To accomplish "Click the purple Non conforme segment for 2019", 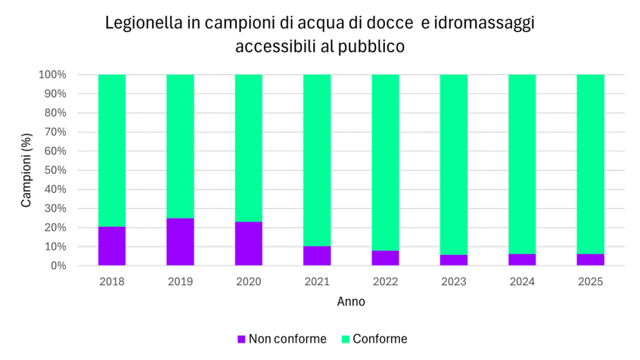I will pyautogui.click(x=180, y=242).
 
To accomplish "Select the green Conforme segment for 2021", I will pyautogui.click(x=317, y=160).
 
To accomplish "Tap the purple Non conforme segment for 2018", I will pyautogui.click(x=112, y=246).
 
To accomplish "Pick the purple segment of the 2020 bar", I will pyautogui.click(x=249, y=243).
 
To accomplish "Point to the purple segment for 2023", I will pyautogui.click(x=454, y=260).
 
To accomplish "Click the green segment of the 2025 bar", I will pyautogui.click(x=590, y=164).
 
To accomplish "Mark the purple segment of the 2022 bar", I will pyautogui.click(x=385, y=258).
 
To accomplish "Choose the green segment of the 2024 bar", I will pyautogui.click(x=522, y=164).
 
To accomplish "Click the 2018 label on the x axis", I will pyautogui.click(x=112, y=281).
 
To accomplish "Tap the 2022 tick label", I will pyautogui.click(x=385, y=281).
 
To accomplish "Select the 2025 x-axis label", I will pyautogui.click(x=590, y=281).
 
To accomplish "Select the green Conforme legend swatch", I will pyautogui.click(x=345, y=339).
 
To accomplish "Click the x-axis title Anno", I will pyautogui.click(x=351, y=301).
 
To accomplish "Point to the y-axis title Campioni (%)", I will pyautogui.click(x=26, y=171).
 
